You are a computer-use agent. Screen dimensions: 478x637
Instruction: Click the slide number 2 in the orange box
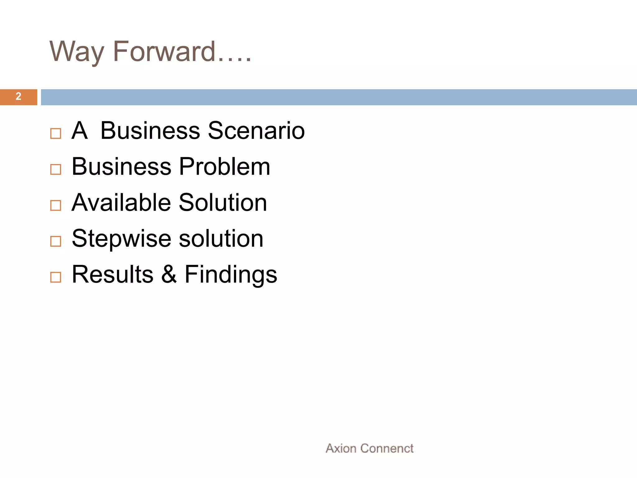click(x=18, y=97)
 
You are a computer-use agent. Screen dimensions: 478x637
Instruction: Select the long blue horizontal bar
click(x=338, y=97)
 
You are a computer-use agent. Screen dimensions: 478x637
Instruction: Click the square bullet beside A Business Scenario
click(x=56, y=134)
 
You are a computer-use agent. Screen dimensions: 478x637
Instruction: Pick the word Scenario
click(x=256, y=130)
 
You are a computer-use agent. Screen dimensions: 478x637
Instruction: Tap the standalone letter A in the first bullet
click(x=79, y=130)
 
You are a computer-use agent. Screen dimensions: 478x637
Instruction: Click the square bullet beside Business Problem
click(x=56, y=170)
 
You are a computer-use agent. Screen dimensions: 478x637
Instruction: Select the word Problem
click(x=225, y=166)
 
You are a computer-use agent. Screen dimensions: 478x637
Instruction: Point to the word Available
click(x=121, y=202)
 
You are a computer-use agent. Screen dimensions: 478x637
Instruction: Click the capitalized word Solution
click(x=223, y=202)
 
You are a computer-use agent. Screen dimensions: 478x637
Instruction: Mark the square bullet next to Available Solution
click(x=56, y=205)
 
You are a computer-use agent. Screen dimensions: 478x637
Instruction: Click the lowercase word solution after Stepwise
click(x=221, y=238)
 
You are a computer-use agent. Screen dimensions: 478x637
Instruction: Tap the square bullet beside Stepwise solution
click(x=56, y=241)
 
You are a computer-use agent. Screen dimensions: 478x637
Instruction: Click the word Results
click(x=113, y=274)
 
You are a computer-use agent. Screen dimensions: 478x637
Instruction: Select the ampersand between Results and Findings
click(x=169, y=274)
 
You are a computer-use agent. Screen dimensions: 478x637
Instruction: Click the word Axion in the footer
click(x=341, y=448)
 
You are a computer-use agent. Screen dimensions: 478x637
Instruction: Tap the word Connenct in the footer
click(x=387, y=448)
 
